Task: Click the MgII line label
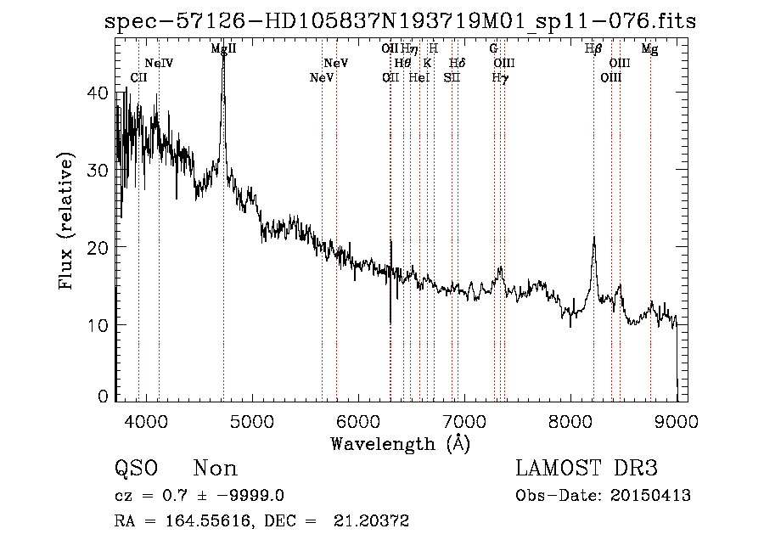223,49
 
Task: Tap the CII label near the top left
138,78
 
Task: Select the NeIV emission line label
159,64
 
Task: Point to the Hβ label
593,49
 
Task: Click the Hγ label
501,78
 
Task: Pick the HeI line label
419,78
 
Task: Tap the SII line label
451,78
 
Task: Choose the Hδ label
457,64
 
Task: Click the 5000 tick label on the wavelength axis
252,419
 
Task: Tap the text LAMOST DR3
587,469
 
